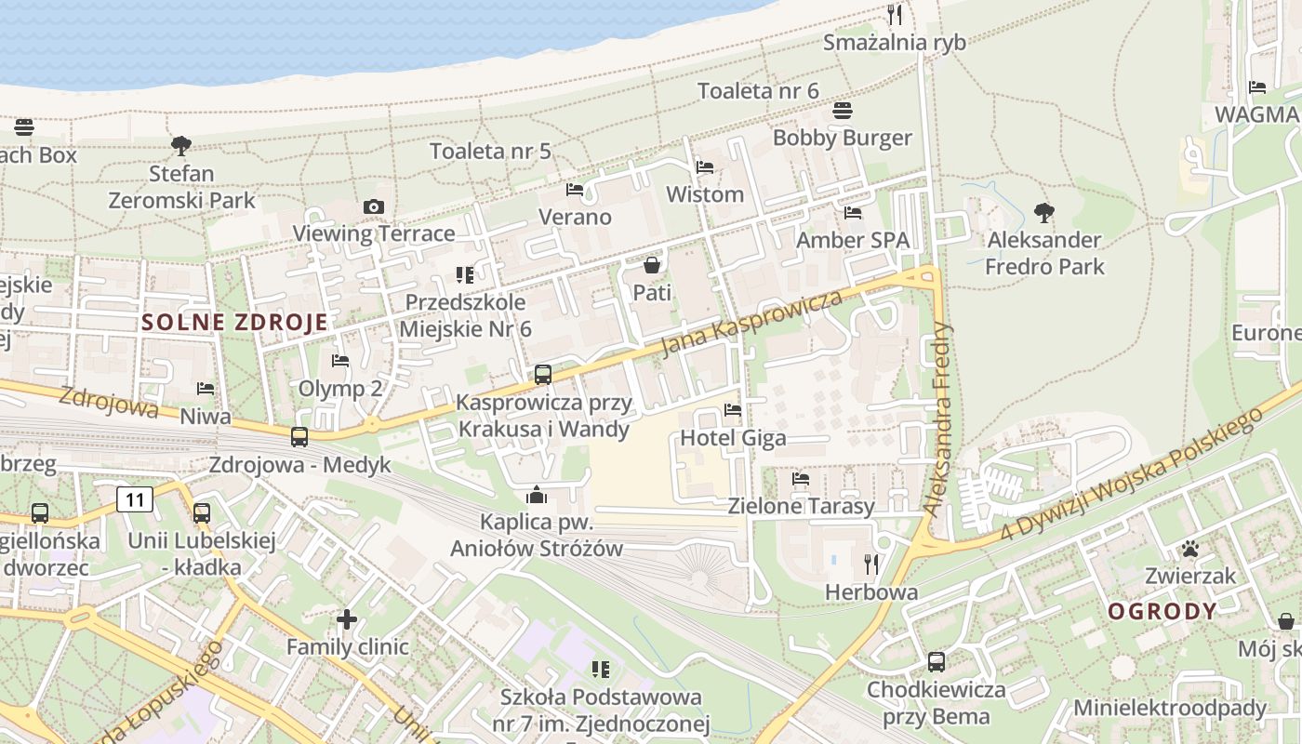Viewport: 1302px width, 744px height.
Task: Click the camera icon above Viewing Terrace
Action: click(x=374, y=206)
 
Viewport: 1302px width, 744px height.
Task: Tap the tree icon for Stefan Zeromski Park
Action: click(x=181, y=145)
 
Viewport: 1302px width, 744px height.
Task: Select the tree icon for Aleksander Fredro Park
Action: click(x=1044, y=212)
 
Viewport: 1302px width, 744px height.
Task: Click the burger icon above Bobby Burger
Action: click(x=843, y=111)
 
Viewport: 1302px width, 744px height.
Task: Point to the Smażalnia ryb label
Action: click(x=895, y=42)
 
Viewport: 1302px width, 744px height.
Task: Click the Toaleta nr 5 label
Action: click(x=490, y=151)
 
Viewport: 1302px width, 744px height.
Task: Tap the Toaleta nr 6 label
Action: click(x=758, y=90)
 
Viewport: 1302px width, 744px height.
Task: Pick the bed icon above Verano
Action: click(x=575, y=190)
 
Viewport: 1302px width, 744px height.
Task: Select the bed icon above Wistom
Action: click(x=705, y=167)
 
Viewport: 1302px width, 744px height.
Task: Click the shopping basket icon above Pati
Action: click(x=652, y=266)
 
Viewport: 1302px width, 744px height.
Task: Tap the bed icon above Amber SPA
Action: click(x=853, y=213)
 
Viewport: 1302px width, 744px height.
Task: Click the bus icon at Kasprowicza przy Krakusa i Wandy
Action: click(x=543, y=375)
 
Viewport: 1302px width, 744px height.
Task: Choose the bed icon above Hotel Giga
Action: click(x=733, y=410)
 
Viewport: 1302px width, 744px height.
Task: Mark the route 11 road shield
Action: click(x=135, y=500)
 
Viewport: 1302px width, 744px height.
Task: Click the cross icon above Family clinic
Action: click(x=347, y=619)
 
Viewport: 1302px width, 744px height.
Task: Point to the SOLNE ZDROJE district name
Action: click(x=235, y=323)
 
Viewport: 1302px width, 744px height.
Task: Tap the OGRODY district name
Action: click(x=1162, y=611)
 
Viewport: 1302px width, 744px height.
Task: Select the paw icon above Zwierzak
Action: click(x=1189, y=549)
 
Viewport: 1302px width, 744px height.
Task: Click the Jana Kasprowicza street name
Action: click(x=751, y=322)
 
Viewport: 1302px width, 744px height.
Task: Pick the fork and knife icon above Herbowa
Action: click(x=871, y=565)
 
